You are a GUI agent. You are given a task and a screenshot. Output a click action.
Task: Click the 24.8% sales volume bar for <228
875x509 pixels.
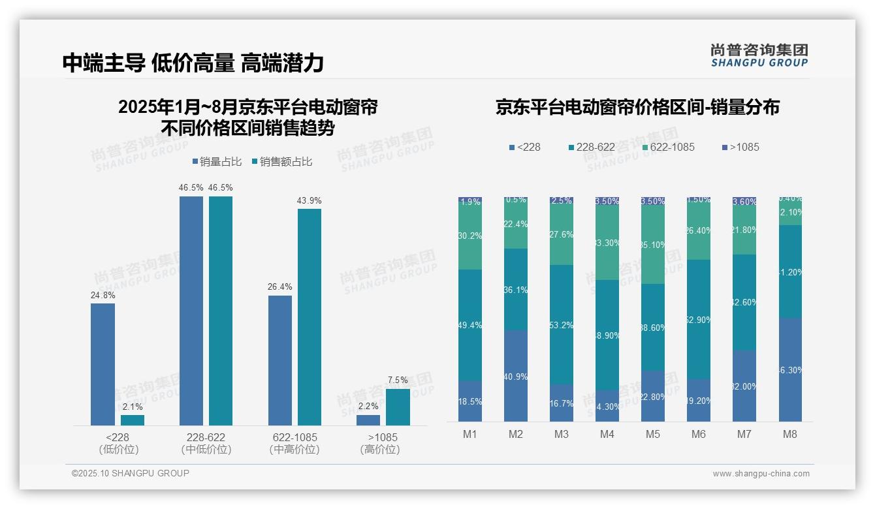click(103, 364)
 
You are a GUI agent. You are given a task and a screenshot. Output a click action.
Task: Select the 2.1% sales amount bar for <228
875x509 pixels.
click(133, 420)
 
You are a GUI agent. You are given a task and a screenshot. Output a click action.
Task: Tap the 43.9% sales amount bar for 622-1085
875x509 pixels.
click(310, 316)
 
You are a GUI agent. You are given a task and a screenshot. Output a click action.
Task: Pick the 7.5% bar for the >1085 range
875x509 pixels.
click(398, 407)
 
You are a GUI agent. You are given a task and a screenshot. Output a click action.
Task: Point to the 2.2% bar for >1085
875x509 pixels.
click(368, 420)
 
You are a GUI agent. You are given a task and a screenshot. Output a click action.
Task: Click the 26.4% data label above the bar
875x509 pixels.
click(280, 286)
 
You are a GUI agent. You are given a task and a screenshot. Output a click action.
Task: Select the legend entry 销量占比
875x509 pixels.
click(217, 162)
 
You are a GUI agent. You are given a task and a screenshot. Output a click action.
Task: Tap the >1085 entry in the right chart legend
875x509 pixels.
click(740, 147)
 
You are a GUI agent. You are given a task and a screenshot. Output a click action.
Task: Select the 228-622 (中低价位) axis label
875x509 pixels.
click(206, 443)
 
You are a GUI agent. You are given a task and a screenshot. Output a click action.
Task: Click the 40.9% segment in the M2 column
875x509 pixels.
click(516, 375)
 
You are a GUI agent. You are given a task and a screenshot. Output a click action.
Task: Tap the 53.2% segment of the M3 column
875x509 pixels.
click(562, 324)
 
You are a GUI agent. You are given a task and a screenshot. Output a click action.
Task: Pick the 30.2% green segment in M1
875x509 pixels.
click(470, 237)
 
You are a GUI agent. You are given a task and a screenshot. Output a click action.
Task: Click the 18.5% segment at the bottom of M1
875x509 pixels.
click(470, 401)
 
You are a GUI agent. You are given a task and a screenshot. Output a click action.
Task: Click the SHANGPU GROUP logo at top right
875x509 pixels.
click(759, 55)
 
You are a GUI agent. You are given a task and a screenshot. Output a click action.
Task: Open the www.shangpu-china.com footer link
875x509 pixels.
click(761, 474)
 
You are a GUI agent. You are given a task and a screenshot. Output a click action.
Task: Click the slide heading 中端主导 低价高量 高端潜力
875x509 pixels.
click(193, 63)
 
